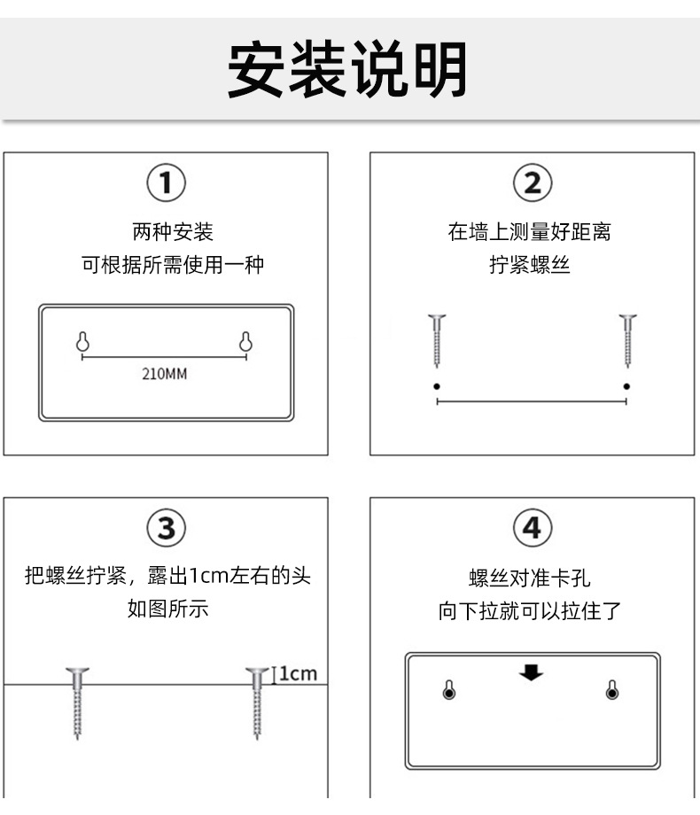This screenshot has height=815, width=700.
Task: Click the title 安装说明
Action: click(x=346, y=70)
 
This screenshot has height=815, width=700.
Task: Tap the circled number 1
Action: click(x=166, y=183)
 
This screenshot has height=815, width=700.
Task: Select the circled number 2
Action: click(x=533, y=183)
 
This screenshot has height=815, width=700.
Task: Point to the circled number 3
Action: click(x=166, y=528)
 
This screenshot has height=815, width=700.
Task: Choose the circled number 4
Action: click(x=533, y=528)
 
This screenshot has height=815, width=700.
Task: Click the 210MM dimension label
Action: click(x=164, y=374)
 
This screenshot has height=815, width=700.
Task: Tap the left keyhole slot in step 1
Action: click(x=82, y=341)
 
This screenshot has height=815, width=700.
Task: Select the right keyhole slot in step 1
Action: click(x=245, y=341)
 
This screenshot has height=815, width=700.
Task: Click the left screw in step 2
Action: click(x=437, y=340)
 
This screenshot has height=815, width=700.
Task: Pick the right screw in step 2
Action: click(x=627, y=340)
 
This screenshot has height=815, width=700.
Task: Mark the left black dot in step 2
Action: click(x=437, y=386)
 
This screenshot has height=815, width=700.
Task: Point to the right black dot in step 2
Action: click(x=626, y=386)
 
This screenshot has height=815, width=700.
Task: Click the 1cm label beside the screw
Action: click(x=298, y=673)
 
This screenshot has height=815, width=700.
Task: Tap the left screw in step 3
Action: click(x=77, y=703)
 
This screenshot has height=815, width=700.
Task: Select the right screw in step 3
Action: click(x=257, y=703)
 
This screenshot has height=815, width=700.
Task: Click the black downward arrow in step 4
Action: click(x=531, y=672)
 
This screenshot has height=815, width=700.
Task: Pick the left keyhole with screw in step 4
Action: click(x=449, y=690)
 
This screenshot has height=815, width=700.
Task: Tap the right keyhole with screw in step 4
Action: click(x=612, y=690)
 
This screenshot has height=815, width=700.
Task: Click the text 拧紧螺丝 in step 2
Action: click(x=529, y=265)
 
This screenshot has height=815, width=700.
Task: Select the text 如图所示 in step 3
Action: click(x=168, y=608)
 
